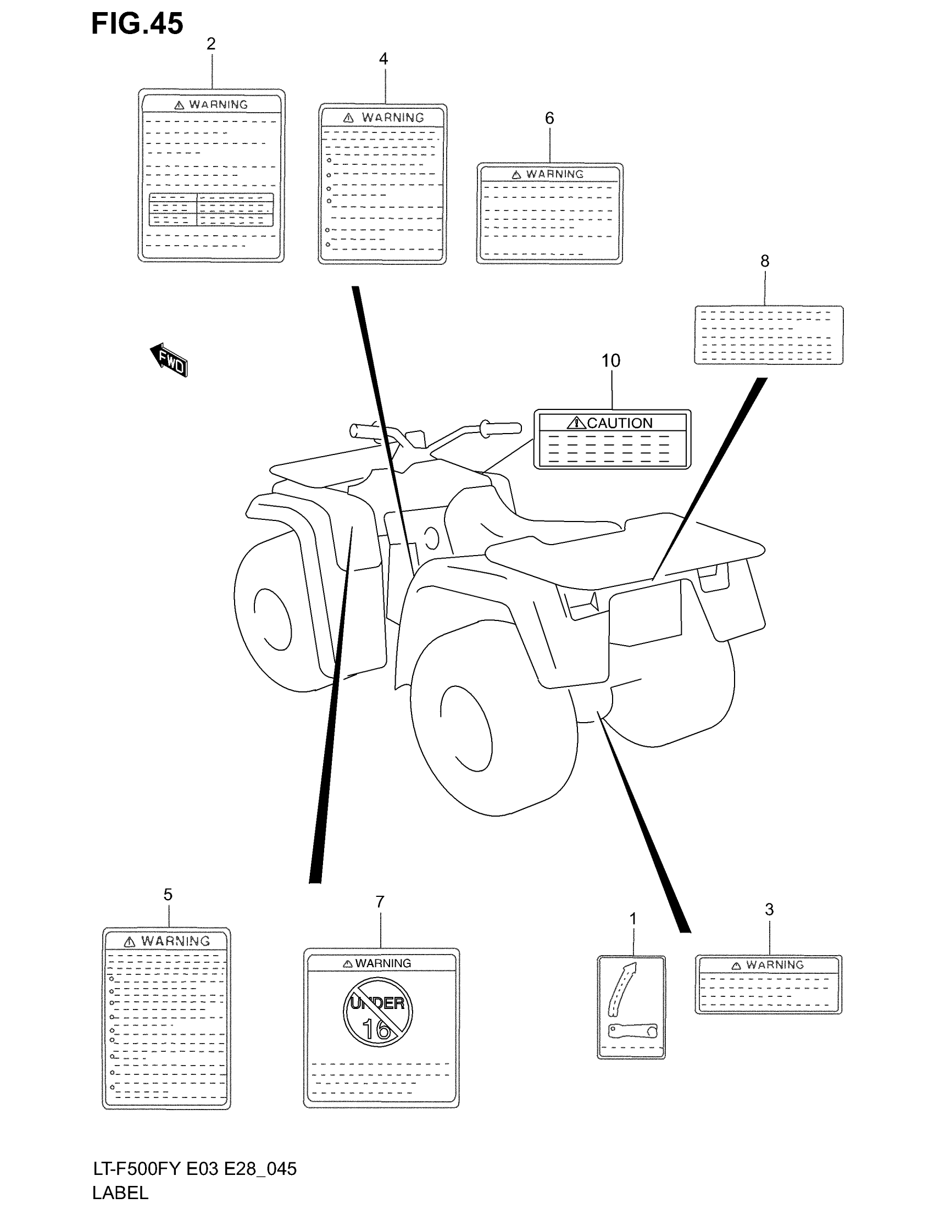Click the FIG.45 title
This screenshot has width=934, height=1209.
pyautogui.click(x=137, y=24)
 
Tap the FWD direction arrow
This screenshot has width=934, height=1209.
pyautogui.click(x=169, y=361)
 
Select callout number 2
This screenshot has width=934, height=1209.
pyautogui.click(x=211, y=44)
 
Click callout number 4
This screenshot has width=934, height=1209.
pyautogui.click(x=383, y=59)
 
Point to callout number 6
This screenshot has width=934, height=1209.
pyautogui.click(x=549, y=118)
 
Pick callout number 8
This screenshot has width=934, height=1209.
pyautogui.click(x=765, y=260)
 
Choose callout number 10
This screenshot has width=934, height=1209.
pyautogui.click(x=611, y=361)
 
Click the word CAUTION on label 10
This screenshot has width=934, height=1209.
pyautogui.click(x=619, y=424)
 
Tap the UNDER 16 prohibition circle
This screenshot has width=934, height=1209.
pyautogui.click(x=377, y=1012)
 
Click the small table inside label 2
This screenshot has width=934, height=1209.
pyautogui.click(x=211, y=209)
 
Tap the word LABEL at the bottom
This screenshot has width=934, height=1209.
pyautogui.click(x=120, y=1193)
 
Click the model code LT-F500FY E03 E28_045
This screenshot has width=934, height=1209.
pyautogui.click(x=195, y=1168)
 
